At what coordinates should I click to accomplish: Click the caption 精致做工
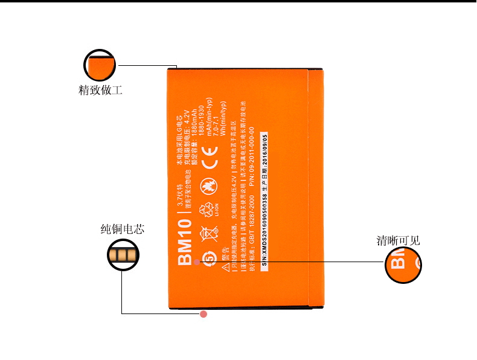coord(100,91)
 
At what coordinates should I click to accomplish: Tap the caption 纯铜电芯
coord(122,230)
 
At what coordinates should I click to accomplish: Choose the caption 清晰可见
coord(398,240)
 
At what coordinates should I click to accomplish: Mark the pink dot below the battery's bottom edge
coord(203,314)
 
